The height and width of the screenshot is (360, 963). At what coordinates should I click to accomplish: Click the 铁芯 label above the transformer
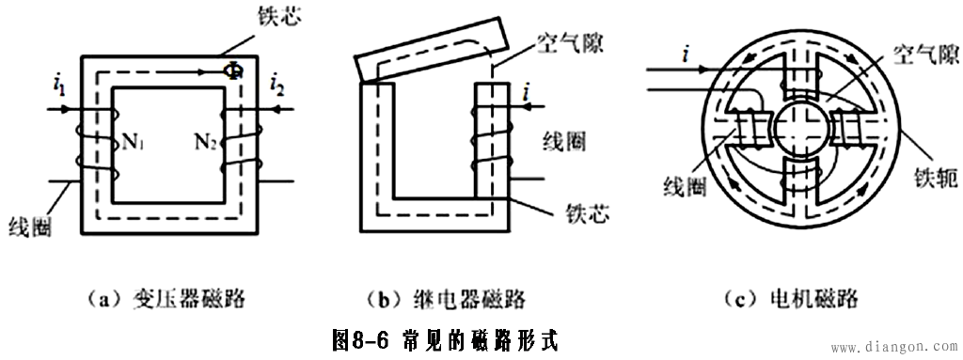[x=280, y=19]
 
